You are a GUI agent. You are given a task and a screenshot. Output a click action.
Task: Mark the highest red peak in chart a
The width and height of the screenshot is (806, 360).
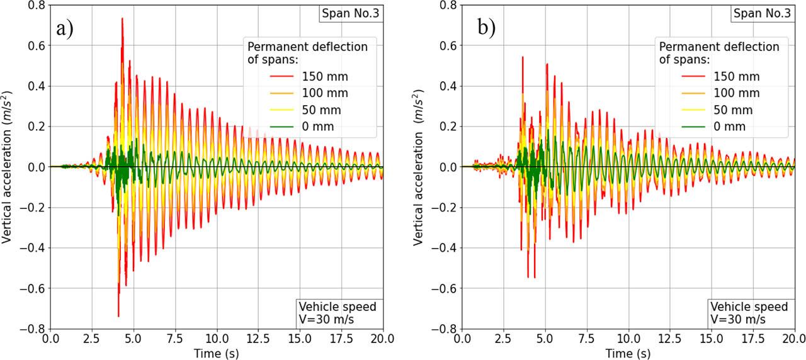click(122, 18)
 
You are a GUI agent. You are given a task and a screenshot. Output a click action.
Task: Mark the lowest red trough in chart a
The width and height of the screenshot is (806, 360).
click(118, 316)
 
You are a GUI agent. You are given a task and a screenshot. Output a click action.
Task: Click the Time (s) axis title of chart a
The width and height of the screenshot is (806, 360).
click(217, 352)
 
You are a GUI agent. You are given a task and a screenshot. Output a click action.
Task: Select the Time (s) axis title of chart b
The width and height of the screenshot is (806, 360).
click(628, 352)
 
